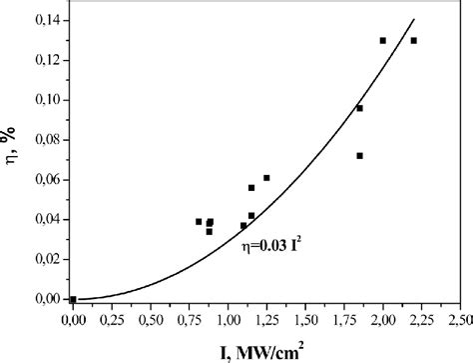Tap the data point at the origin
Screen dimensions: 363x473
(x=73, y=299)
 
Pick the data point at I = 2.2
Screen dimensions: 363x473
(x=414, y=41)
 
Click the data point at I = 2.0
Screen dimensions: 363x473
(x=383, y=41)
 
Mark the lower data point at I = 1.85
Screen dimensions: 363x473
(x=359, y=156)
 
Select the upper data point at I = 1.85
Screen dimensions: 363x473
(x=359, y=108)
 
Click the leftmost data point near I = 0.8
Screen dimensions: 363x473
(x=199, y=222)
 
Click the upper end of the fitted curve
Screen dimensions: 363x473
(x=413, y=20)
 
